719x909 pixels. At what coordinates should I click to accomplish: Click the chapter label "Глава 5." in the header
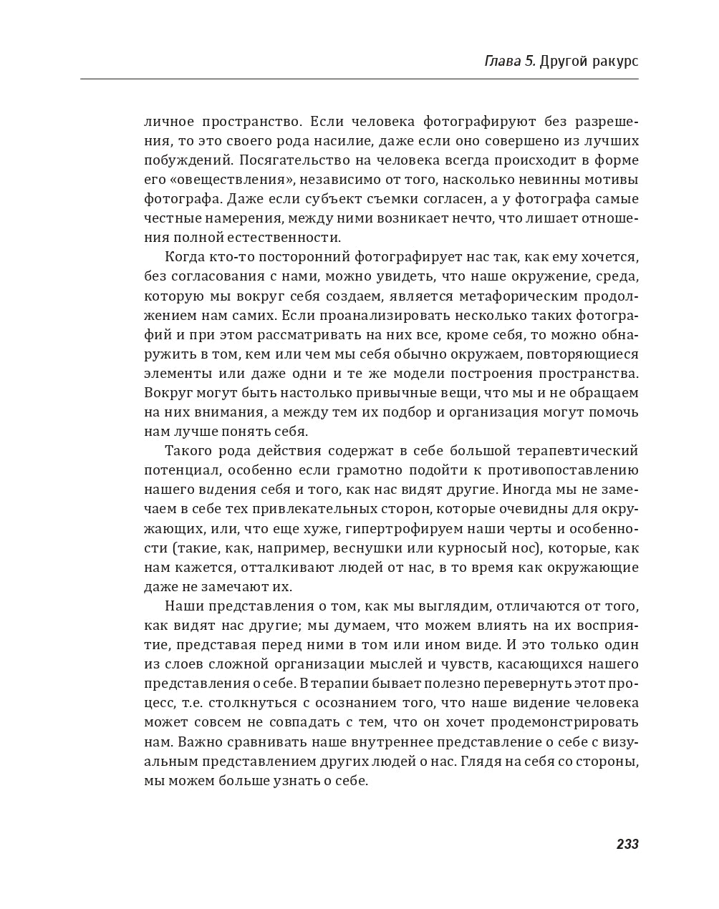(x=509, y=62)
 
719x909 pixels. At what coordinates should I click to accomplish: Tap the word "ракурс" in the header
(x=614, y=62)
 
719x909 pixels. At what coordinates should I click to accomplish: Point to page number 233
(x=627, y=845)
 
